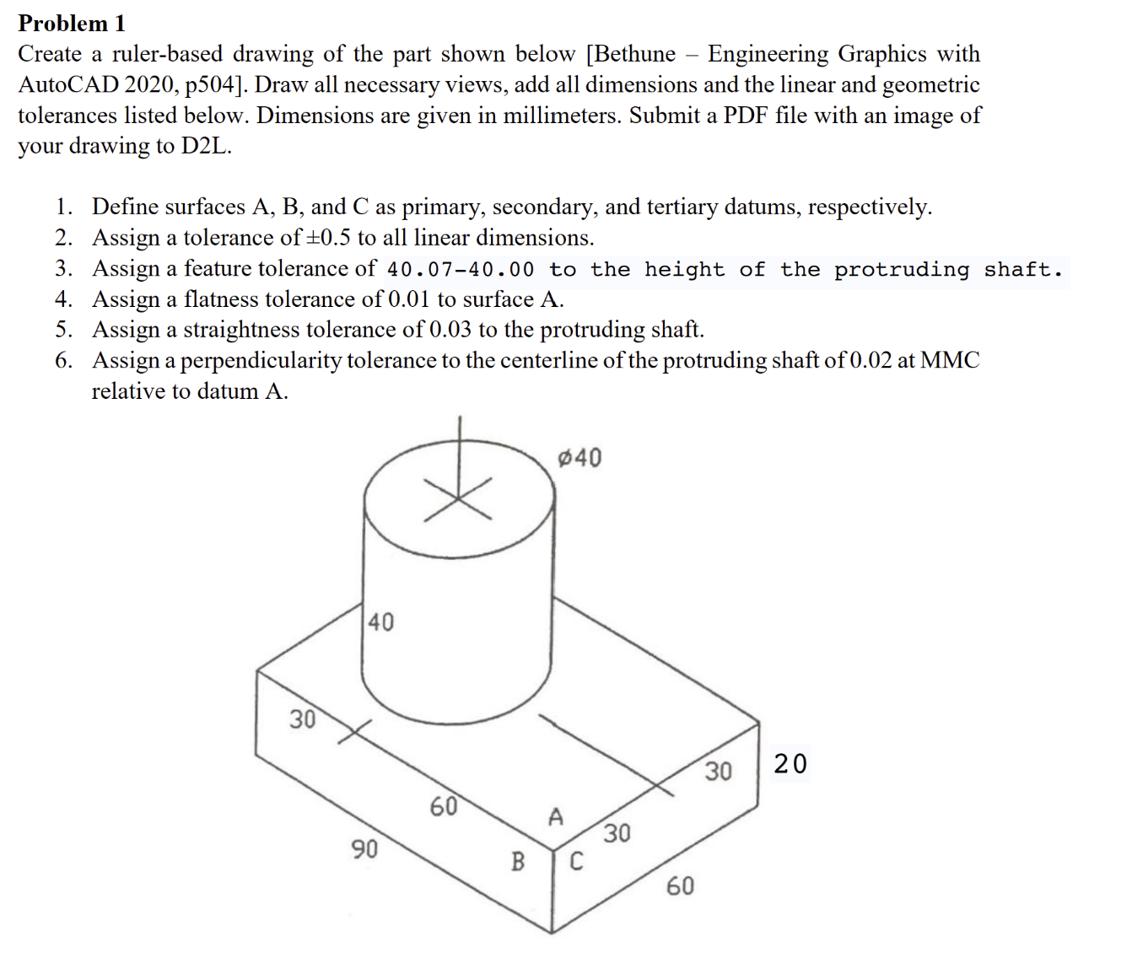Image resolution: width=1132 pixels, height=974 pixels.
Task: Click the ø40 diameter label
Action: click(x=580, y=458)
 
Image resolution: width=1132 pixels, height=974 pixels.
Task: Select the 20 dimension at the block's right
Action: click(x=790, y=763)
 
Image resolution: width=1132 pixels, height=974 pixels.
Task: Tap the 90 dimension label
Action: click(x=364, y=848)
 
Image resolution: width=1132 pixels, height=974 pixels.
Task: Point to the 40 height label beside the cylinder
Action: click(x=380, y=622)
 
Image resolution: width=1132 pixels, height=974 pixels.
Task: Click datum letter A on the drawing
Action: click(x=555, y=816)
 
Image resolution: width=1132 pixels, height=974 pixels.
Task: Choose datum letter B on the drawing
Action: click(x=518, y=861)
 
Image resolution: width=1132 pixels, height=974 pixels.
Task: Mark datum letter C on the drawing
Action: click(x=576, y=861)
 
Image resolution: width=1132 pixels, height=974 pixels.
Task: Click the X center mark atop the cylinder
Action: click(x=458, y=498)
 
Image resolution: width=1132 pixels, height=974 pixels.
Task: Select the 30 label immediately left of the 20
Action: click(x=719, y=771)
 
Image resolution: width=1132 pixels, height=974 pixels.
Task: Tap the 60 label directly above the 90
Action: click(x=444, y=806)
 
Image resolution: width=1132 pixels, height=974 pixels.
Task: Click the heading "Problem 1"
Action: click(x=72, y=23)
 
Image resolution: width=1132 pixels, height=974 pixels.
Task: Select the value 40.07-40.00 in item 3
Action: click(x=460, y=270)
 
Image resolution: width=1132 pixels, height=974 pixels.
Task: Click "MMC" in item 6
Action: click(x=950, y=360)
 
